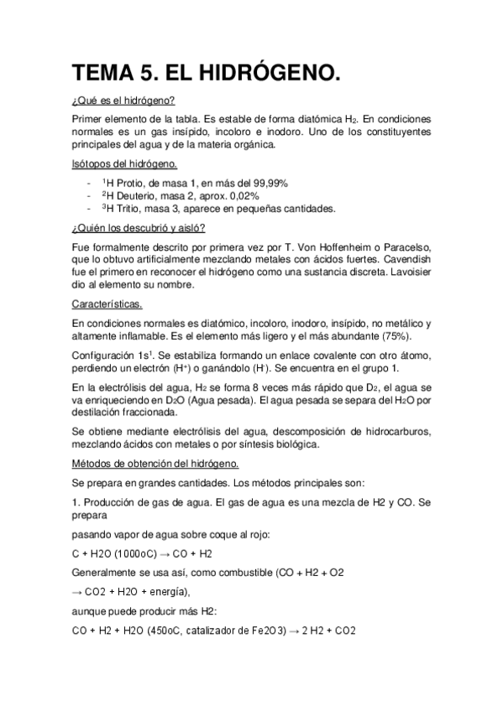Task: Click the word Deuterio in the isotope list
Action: (131, 195)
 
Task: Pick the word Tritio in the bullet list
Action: (123, 209)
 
